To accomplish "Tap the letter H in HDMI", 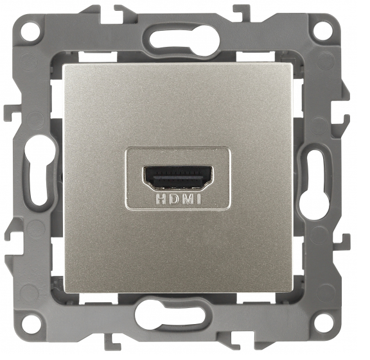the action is (x=161, y=200).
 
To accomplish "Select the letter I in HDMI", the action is (x=198, y=200).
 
